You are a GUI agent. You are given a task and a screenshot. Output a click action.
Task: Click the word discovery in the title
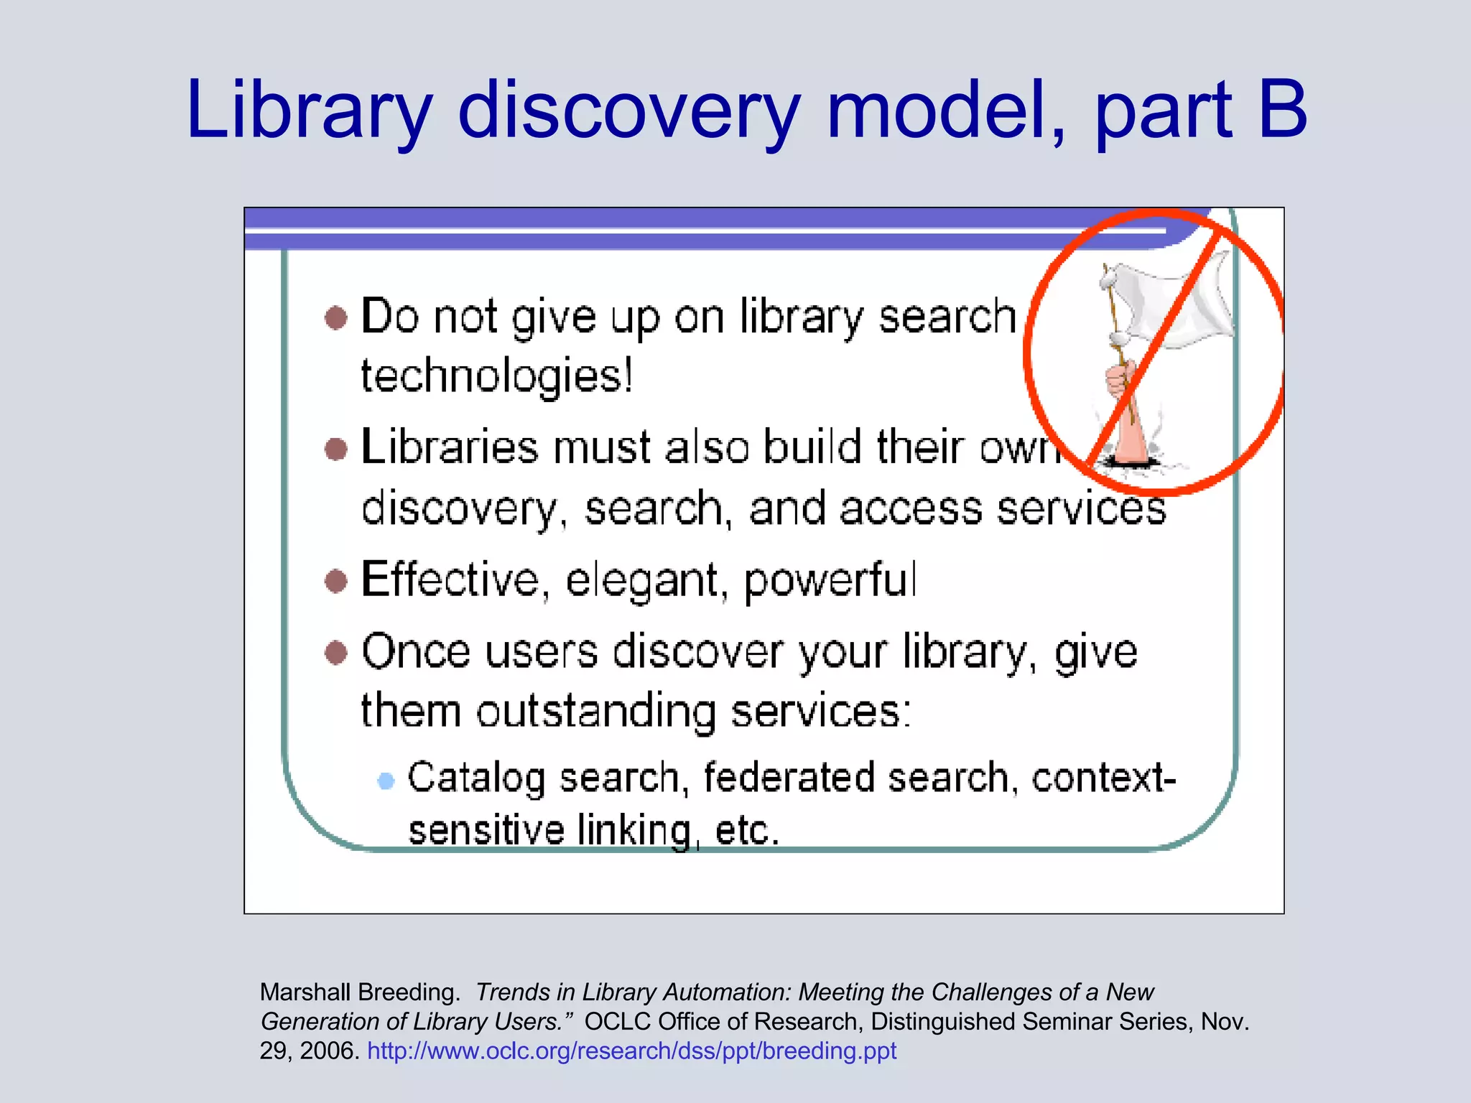[628, 111]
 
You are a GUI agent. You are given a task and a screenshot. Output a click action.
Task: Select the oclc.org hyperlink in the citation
[631, 1051]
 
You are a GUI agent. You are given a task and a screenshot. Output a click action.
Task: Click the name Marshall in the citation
[306, 992]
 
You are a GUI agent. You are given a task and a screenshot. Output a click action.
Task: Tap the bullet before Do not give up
[336, 317]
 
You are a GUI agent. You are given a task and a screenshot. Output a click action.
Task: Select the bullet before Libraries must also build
[336, 449]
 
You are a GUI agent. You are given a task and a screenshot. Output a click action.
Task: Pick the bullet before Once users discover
[336, 653]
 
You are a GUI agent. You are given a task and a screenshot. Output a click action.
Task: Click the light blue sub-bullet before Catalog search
[386, 780]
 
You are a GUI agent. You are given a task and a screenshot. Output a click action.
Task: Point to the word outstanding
[595, 712]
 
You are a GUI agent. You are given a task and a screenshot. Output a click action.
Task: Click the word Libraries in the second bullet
[450, 447]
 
